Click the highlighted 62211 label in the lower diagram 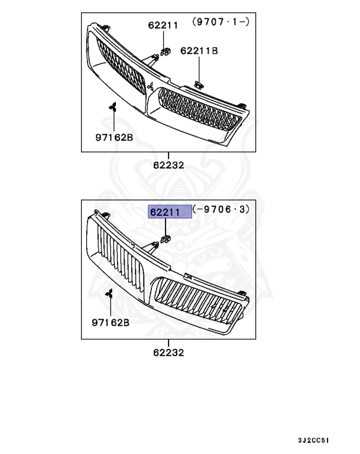170,211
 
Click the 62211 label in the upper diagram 163,25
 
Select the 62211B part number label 199,51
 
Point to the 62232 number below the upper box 168,166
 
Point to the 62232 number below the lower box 168,352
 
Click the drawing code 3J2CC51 314,440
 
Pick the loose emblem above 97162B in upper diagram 112,107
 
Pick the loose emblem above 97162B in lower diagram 110,294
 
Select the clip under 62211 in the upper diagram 166,51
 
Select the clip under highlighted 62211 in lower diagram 165,239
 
